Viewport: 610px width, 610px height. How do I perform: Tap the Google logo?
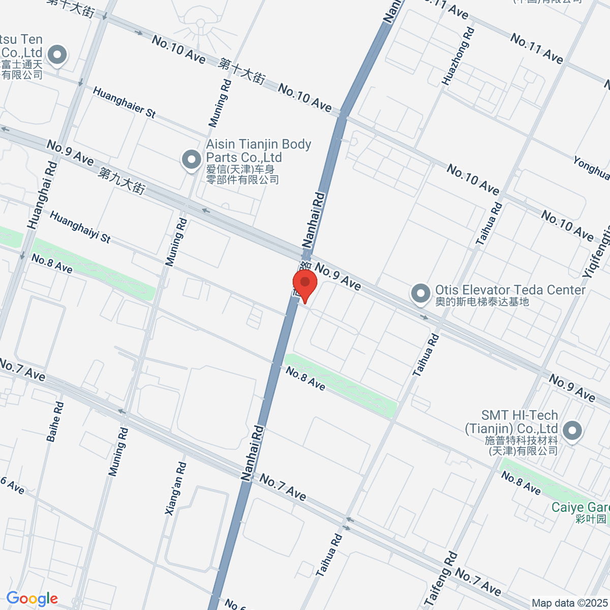tap(32, 598)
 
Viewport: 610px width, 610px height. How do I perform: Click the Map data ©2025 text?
tap(569, 603)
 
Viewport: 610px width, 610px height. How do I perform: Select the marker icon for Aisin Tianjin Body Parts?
tap(192, 160)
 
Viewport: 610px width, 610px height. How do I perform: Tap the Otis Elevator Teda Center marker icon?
tap(420, 293)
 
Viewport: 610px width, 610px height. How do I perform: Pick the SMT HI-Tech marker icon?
tap(572, 431)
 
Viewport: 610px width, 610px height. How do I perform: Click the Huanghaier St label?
tap(125, 102)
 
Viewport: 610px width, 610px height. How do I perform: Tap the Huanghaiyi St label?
tap(80, 227)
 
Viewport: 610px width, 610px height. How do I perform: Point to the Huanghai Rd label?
tap(41, 195)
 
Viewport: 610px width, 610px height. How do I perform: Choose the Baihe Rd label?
tap(55, 421)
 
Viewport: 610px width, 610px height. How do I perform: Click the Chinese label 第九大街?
tap(122, 180)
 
